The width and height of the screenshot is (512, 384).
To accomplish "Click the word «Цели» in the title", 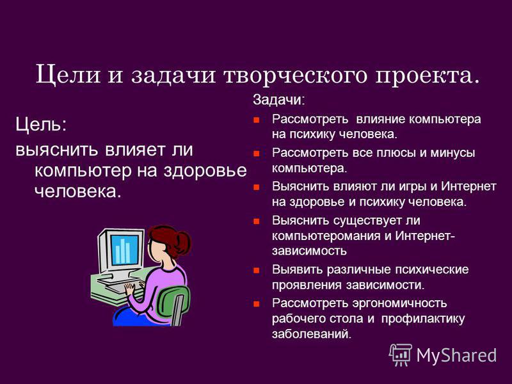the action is [x=68, y=75].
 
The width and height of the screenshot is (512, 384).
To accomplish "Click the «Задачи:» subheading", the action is [x=278, y=100].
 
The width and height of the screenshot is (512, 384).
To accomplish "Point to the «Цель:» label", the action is [x=41, y=124].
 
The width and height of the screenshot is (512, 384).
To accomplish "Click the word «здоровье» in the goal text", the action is [x=205, y=171].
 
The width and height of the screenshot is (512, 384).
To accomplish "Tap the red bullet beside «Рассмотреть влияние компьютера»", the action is [x=257, y=120].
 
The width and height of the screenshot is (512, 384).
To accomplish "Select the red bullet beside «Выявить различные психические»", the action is [x=257, y=270].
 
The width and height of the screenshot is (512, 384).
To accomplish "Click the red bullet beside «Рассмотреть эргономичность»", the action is [x=257, y=304].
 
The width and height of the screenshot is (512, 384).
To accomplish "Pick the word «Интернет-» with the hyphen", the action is [x=425, y=236].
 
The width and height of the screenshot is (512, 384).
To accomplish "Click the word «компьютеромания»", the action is [x=326, y=236].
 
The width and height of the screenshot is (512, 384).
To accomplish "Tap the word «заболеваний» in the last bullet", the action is [x=312, y=334].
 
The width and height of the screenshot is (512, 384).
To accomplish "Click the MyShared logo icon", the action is [x=401, y=355].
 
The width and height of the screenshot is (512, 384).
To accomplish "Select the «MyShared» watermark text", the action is [x=456, y=355].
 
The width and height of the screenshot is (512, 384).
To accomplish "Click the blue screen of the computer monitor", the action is [x=125, y=249].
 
